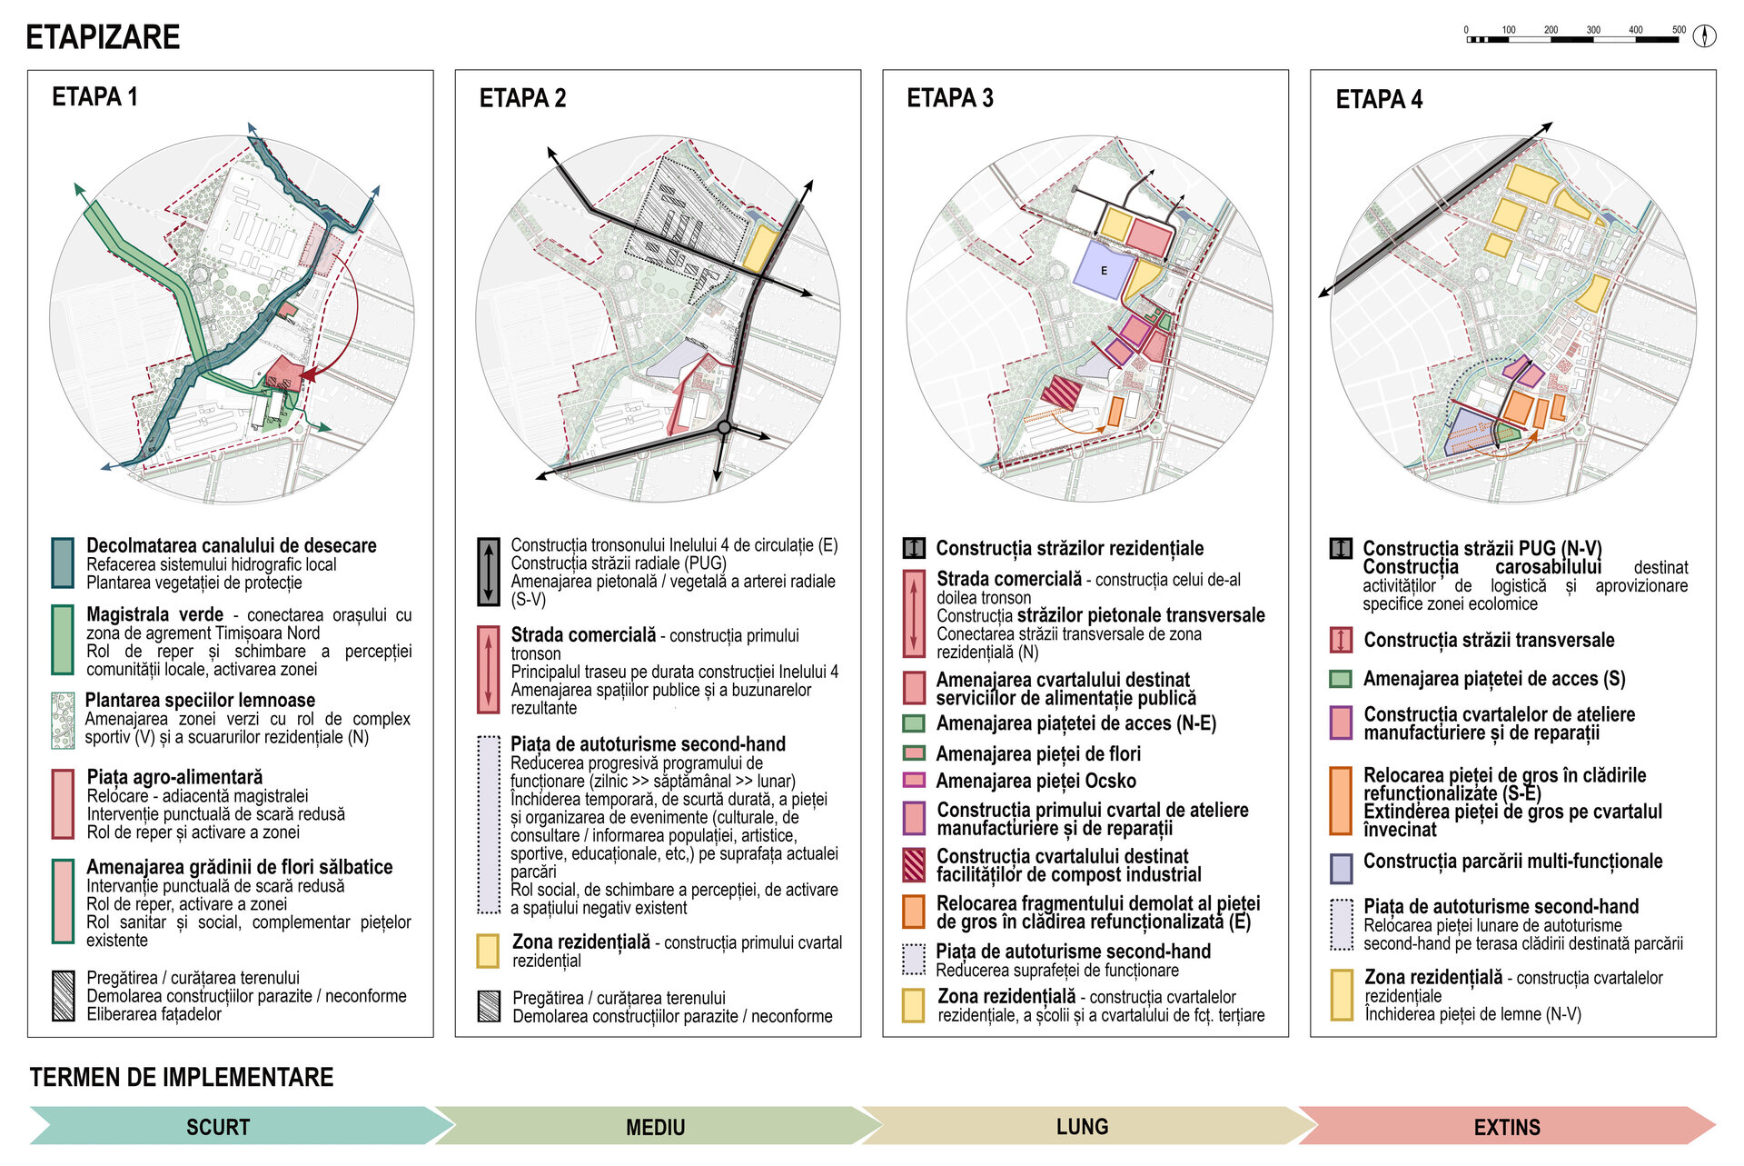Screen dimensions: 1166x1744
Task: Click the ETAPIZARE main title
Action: (103, 37)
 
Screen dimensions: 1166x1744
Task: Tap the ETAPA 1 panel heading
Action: (94, 96)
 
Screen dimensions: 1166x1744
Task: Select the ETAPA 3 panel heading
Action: (949, 98)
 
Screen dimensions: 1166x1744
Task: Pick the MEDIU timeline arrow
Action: (655, 1126)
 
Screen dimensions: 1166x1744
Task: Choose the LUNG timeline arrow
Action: (1082, 1126)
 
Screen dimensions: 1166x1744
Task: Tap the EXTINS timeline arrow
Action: (1507, 1126)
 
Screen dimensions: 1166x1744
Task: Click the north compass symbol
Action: (1704, 35)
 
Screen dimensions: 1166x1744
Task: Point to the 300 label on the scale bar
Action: (1593, 30)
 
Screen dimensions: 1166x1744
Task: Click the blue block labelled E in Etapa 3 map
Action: (1104, 270)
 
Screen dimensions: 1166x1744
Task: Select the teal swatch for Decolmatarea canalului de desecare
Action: (63, 563)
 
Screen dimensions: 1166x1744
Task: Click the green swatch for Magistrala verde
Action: (63, 640)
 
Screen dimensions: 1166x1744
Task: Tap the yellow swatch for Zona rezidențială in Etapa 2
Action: (488, 951)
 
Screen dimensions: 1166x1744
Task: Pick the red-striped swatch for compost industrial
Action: (914, 865)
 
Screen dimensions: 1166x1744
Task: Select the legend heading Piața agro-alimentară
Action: (174, 777)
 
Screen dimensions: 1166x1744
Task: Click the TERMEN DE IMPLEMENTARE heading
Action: (182, 1077)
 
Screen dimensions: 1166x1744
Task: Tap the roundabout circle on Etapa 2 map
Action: (724, 427)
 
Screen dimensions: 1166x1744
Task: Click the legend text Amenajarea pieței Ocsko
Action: (1035, 781)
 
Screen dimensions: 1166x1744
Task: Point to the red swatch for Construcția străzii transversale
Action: (1341, 640)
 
